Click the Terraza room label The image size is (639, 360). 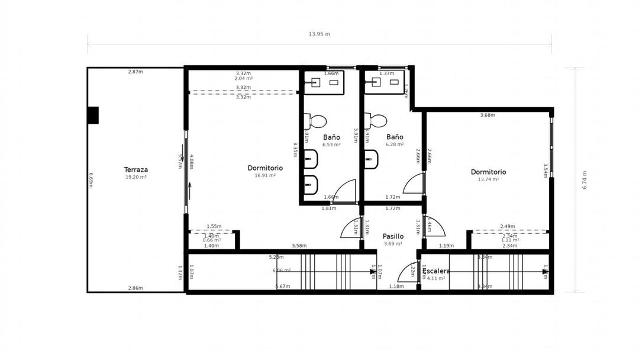pyautogui.click(x=136, y=169)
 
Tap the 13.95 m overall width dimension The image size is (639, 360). pyautogui.click(x=319, y=34)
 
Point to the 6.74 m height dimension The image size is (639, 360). pyautogui.click(x=585, y=180)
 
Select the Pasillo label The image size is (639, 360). pyautogui.click(x=393, y=236)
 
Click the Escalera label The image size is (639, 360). pyautogui.click(x=437, y=271)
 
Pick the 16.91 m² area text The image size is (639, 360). pyautogui.click(x=265, y=176)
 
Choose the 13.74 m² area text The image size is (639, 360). pyautogui.click(x=488, y=179)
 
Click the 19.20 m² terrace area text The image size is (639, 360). pyautogui.click(x=136, y=177)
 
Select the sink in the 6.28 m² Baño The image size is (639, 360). pyautogui.click(x=376, y=82)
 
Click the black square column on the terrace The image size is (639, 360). pyautogui.click(x=93, y=115)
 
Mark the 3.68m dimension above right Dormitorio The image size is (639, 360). pyautogui.click(x=488, y=115)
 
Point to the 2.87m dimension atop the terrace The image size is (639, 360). pyautogui.click(x=135, y=72)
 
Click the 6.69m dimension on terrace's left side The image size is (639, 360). pyautogui.click(x=91, y=179)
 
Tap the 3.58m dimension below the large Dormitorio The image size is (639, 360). pyautogui.click(x=299, y=246)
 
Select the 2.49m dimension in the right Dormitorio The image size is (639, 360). pyautogui.click(x=507, y=226)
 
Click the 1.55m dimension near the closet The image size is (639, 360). pyautogui.click(x=214, y=226)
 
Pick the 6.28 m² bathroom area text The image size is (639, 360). pyautogui.click(x=395, y=144)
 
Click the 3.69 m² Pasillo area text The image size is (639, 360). pyautogui.click(x=393, y=244)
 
